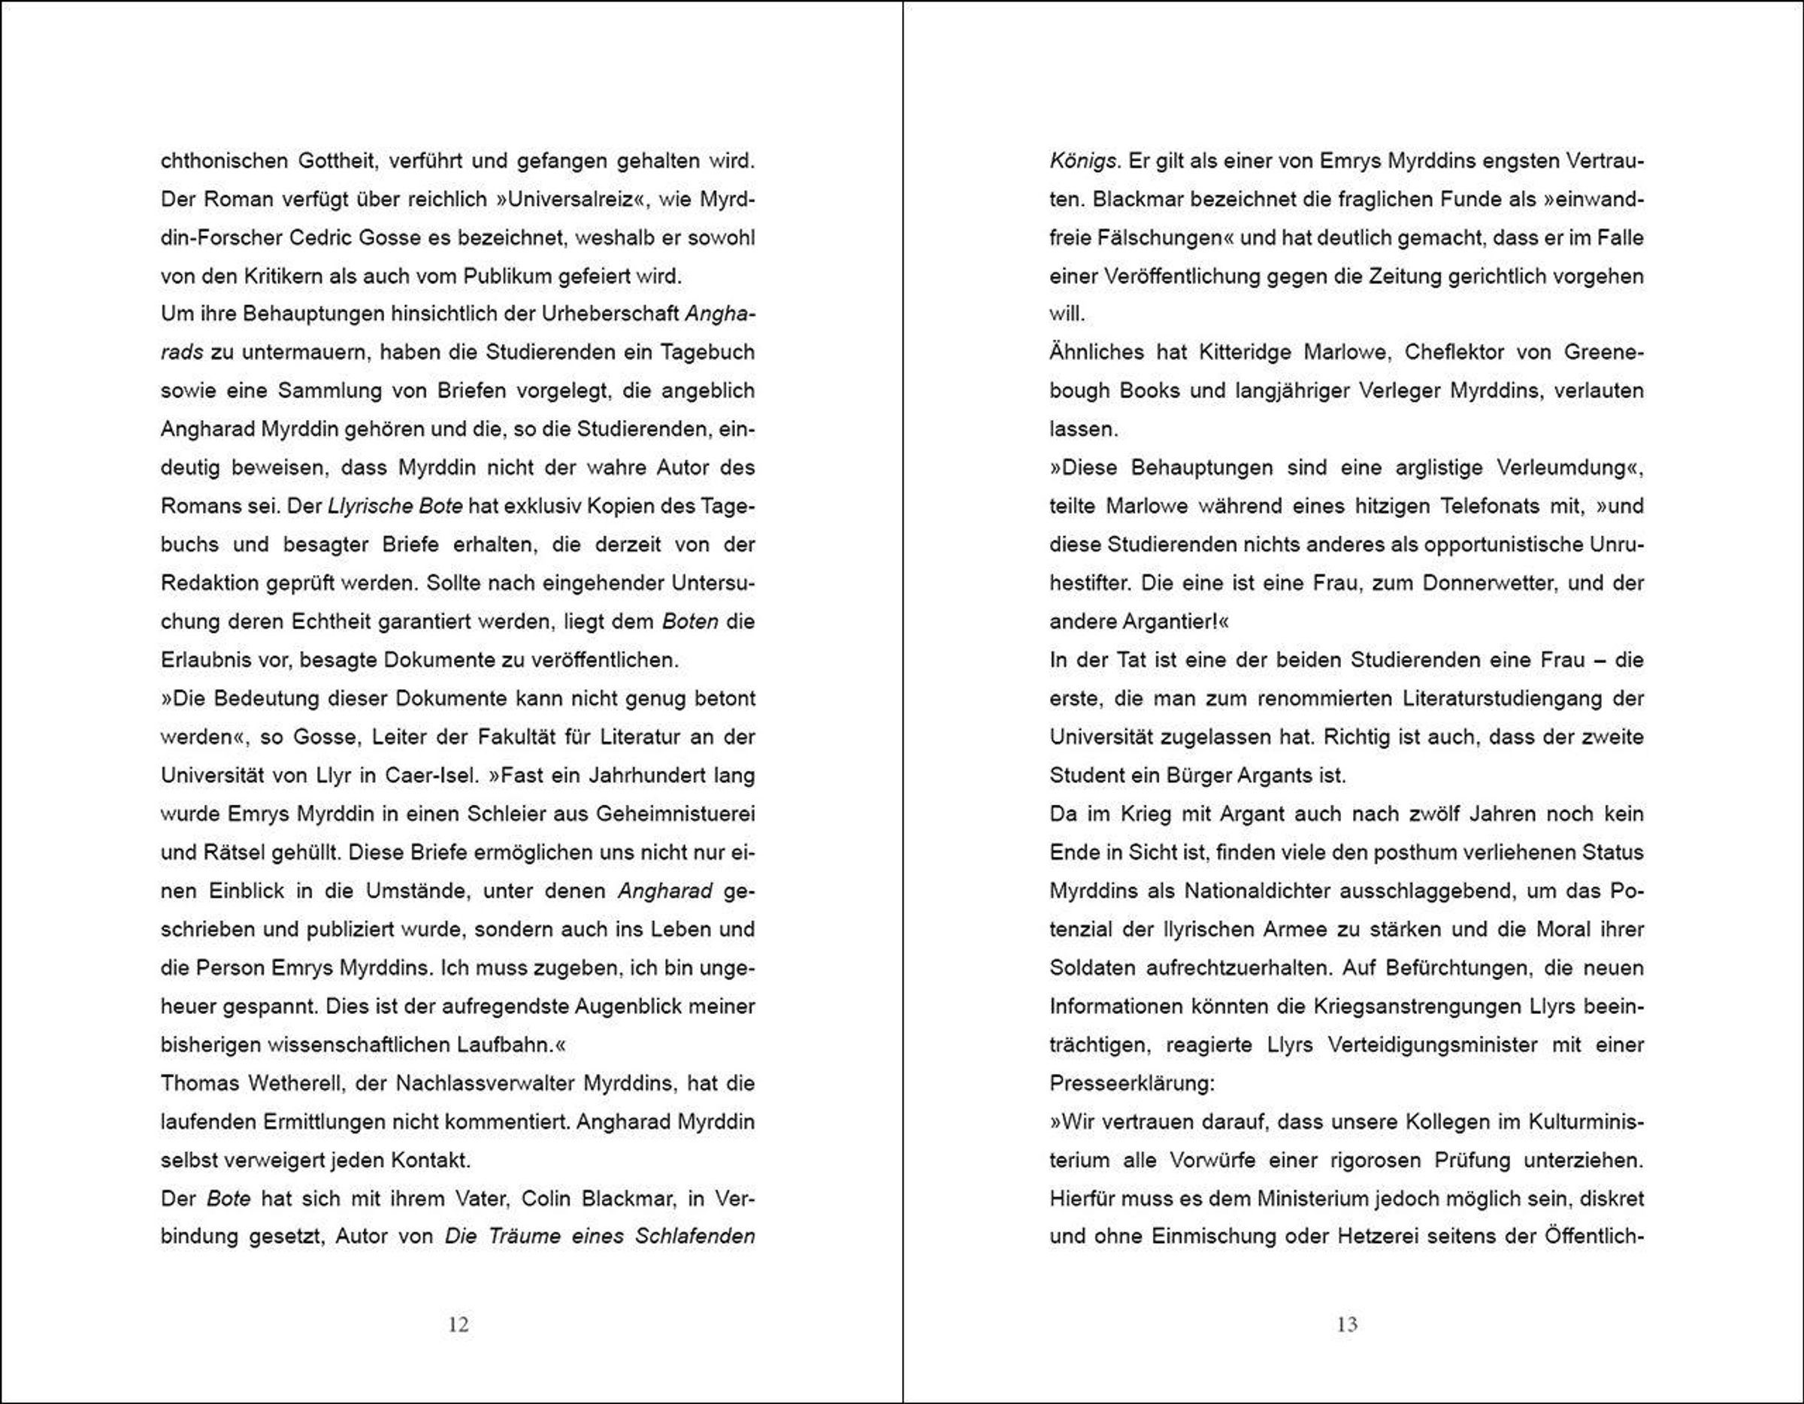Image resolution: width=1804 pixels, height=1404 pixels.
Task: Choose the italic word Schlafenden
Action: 695,1236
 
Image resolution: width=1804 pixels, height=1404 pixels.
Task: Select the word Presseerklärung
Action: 1131,1083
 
